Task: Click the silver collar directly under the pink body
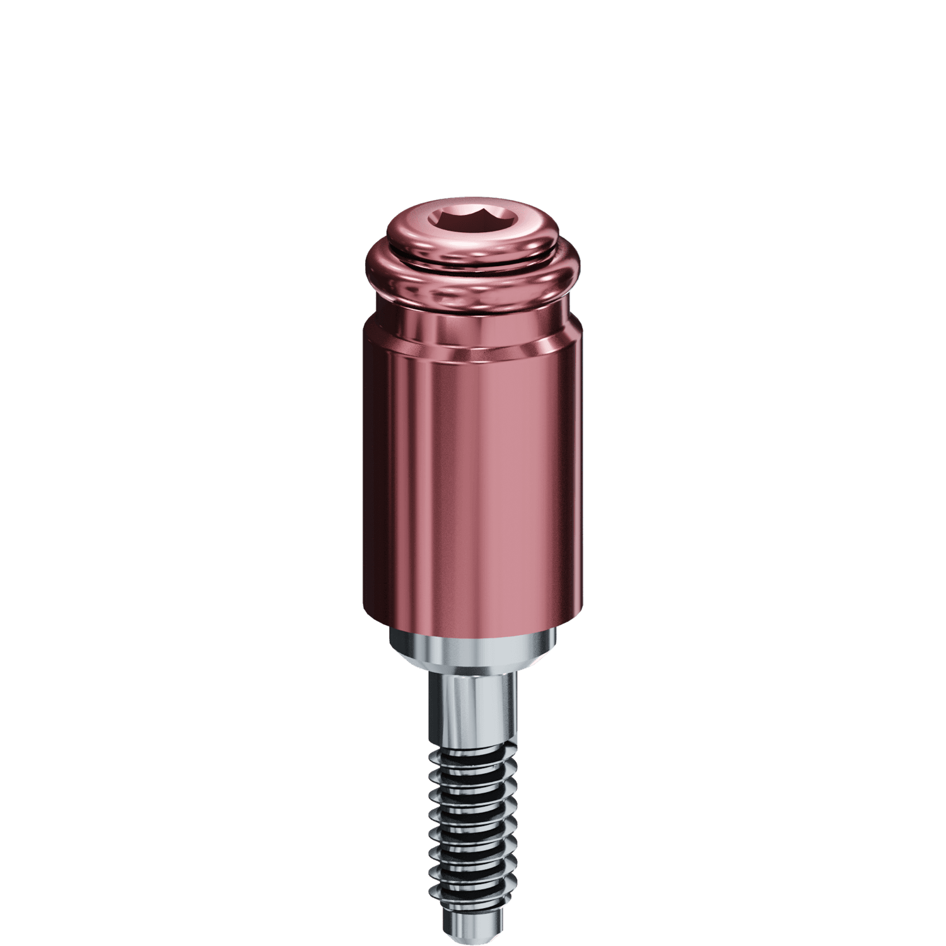(473, 643)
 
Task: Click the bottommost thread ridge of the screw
(473, 896)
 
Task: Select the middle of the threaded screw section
(473, 826)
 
